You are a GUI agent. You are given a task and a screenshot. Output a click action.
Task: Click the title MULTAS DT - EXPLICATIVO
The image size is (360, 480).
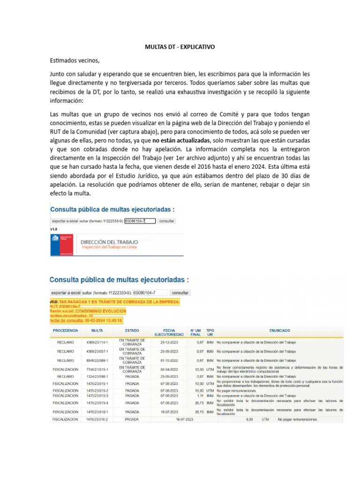pyautogui.click(x=180, y=47)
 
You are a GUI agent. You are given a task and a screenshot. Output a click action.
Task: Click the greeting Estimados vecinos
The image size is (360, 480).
pyautogui.click(x=75, y=60)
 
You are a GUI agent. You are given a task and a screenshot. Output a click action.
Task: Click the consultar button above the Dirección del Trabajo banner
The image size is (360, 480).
pyautogui.click(x=167, y=220)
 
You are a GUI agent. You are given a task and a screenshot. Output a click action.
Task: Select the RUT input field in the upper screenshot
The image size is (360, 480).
pyautogui.click(x=136, y=220)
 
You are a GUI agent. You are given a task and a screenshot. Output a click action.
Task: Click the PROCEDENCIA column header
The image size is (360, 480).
pyautogui.click(x=66, y=330)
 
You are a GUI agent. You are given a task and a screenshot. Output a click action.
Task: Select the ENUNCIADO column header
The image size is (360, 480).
pyautogui.click(x=279, y=330)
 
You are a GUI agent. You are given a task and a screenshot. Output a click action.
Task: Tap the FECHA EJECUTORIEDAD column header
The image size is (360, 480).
pyautogui.click(x=170, y=332)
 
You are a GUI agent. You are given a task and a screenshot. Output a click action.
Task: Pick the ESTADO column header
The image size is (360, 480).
pyautogui.click(x=132, y=330)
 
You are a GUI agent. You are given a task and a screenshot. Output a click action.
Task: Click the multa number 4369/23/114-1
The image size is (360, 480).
pyautogui.click(x=97, y=342)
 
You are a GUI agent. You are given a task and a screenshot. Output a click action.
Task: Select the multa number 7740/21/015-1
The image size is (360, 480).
pyautogui.click(x=97, y=369)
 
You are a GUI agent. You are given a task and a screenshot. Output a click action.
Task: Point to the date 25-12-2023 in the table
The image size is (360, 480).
pyautogui.click(x=170, y=342)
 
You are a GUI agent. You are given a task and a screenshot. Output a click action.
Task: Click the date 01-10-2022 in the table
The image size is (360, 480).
pyautogui.click(x=170, y=360)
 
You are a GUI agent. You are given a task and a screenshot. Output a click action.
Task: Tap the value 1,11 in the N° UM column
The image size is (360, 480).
pyautogui.click(x=200, y=396)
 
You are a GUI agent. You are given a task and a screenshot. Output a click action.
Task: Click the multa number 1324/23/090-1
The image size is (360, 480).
pyautogui.click(x=97, y=376)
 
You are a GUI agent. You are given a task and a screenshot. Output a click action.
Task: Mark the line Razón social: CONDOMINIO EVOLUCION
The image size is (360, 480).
pyautogui.click(x=88, y=311)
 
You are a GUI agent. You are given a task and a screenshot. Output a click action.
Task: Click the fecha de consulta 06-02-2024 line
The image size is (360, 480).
pyautogui.click(x=86, y=321)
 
